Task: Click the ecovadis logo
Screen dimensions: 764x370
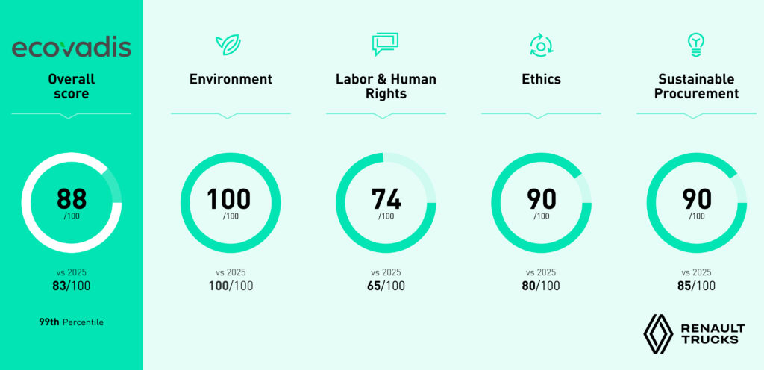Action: pyautogui.click(x=71, y=48)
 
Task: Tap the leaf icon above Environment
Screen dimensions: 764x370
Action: pyautogui.click(x=228, y=45)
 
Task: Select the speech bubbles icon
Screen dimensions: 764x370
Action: pyautogui.click(x=385, y=44)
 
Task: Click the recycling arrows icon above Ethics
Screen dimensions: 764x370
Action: pyautogui.click(x=541, y=46)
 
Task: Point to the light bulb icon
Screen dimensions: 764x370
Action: pyautogui.click(x=696, y=46)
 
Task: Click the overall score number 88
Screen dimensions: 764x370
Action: pyautogui.click(x=72, y=198)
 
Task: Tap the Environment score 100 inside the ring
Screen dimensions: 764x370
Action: pyautogui.click(x=228, y=198)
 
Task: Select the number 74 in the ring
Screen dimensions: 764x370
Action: pyautogui.click(x=386, y=198)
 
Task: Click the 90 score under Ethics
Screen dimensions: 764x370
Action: pyautogui.click(x=542, y=198)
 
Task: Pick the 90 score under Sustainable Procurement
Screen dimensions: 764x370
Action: pyautogui.click(x=697, y=198)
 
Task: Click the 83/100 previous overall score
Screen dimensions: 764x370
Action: pyautogui.click(x=71, y=286)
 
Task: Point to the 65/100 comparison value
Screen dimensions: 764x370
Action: pyautogui.click(x=386, y=286)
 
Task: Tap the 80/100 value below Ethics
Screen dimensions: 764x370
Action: pyautogui.click(x=541, y=286)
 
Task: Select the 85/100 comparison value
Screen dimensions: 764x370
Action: pyautogui.click(x=696, y=286)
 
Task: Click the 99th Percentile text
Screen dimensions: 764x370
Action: pyautogui.click(x=71, y=322)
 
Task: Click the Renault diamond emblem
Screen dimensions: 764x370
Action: pyautogui.click(x=658, y=333)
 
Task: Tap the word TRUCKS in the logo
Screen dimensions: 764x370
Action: pyautogui.click(x=710, y=339)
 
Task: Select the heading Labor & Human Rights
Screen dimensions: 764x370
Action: pyautogui.click(x=386, y=87)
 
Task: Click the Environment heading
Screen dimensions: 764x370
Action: pyautogui.click(x=231, y=79)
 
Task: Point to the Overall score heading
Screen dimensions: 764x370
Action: pyautogui.click(x=71, y=87)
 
